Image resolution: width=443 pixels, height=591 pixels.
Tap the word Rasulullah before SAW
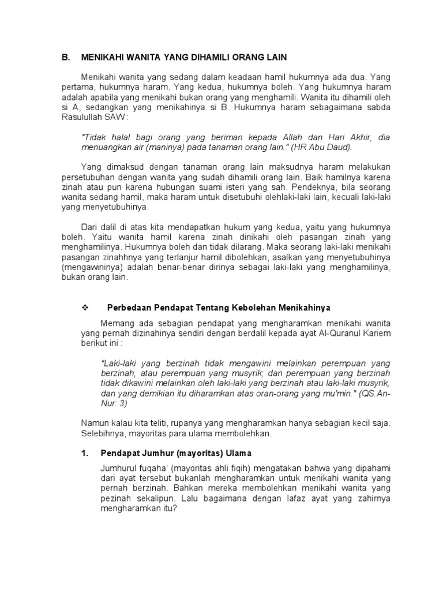(x=82, y=117)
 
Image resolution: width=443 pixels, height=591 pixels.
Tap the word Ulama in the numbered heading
(x=239, y=453)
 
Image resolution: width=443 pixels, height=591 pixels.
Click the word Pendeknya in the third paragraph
(x=311, y=188)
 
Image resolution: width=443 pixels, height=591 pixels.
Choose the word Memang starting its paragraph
(x=117, y=322)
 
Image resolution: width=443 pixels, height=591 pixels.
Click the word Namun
(x=95, y=423)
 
